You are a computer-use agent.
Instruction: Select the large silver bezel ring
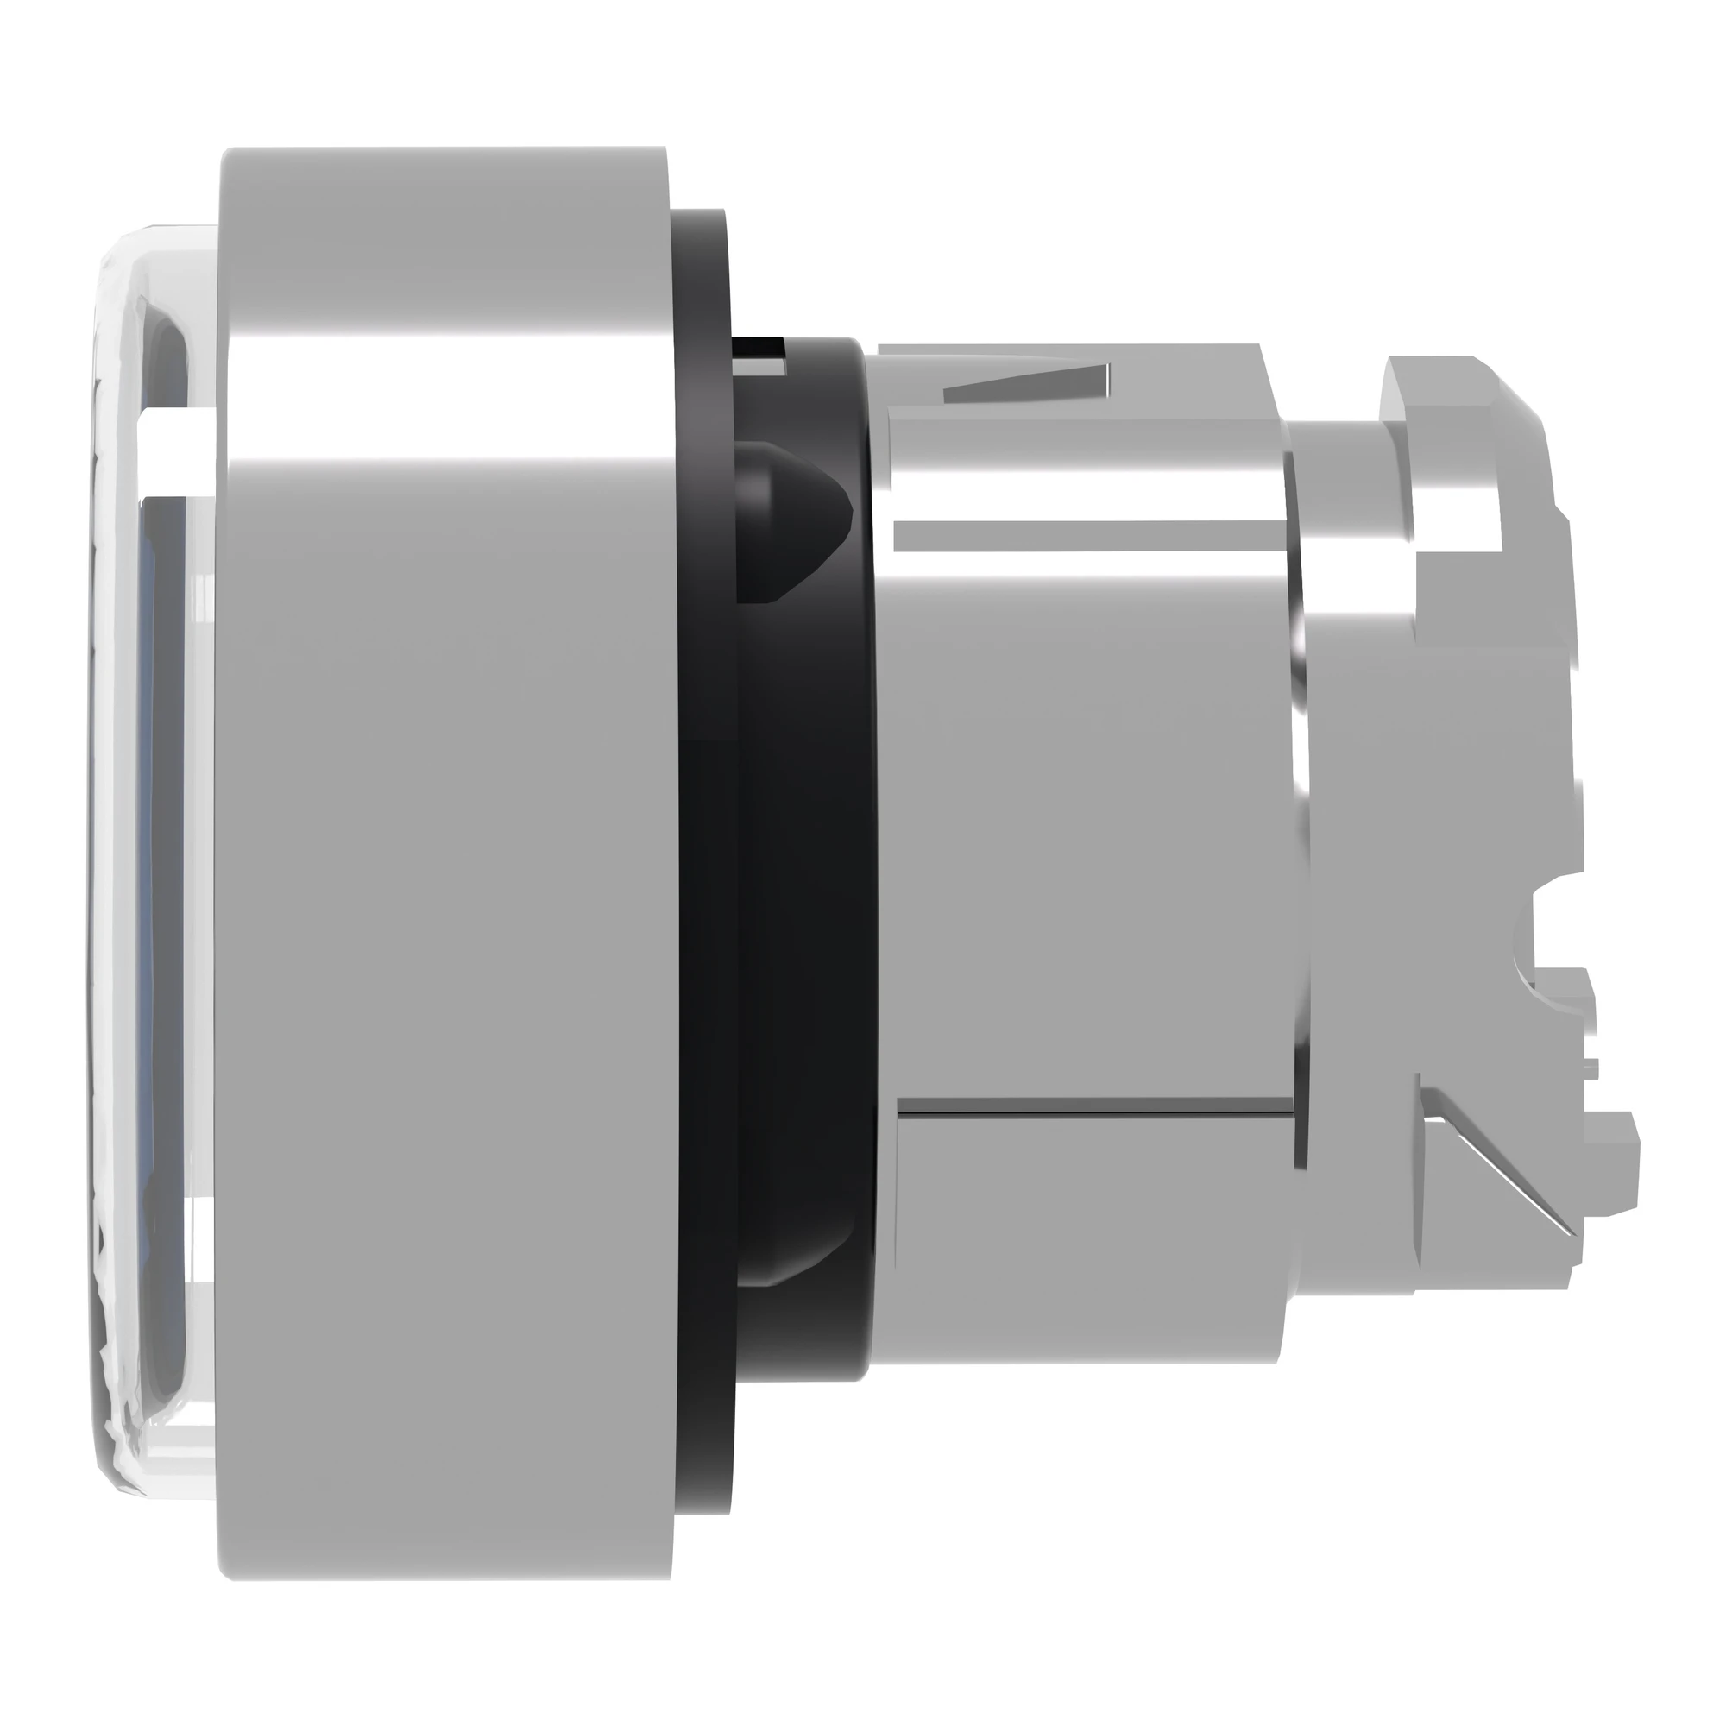pyautogui.click(x=447, y=893)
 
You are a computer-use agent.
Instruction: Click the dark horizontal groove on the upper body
pyautogui.click(x=1081, y=536)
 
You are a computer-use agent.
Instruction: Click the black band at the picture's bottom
pyautogui.click(x=863, y=1695)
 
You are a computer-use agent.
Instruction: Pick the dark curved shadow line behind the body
pyautogui.click(x=1300, y=804)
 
